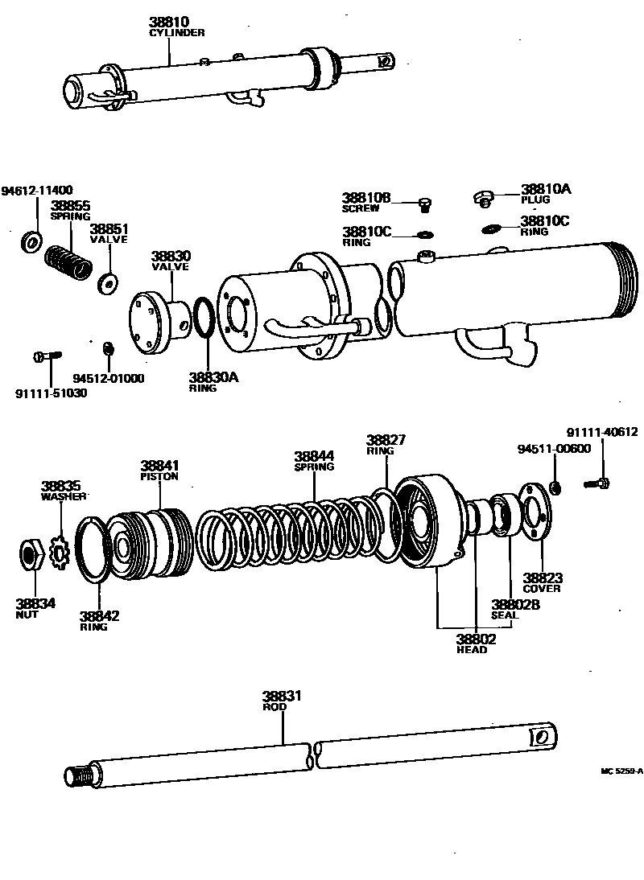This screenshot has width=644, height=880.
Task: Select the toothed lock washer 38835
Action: pyautogui.click(x=60, y=551)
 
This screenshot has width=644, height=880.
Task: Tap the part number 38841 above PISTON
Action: pyautogui.click(x=159, y=466)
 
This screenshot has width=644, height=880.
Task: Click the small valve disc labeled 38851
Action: pyautogui.click(x=105, y=282)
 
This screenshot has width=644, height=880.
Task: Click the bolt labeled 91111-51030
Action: pyautogui.click(x=48, y=356)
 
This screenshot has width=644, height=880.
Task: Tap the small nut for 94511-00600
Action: pyautogui.click(x=555, y=486)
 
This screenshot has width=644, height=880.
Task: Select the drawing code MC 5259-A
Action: pyautogui.click(x=621, y=770)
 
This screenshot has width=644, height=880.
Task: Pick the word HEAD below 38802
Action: pyautogui.click(x=472, y=650)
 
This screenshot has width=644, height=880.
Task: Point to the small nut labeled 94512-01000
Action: pyautogui.click(x=108, y=348)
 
